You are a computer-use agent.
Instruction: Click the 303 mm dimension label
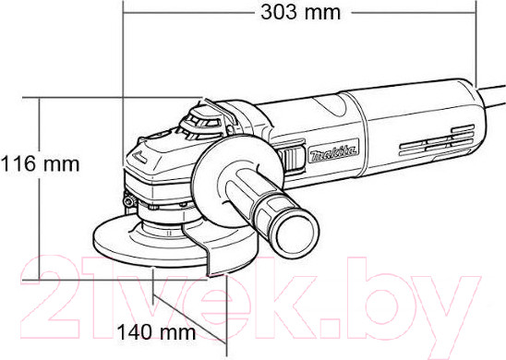300,13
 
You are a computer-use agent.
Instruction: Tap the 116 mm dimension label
40,163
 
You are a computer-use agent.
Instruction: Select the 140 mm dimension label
156,332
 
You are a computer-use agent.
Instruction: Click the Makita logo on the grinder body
333,151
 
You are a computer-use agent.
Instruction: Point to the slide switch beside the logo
293,158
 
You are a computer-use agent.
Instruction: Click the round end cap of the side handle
296,234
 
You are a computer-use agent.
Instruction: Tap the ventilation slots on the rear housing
437,140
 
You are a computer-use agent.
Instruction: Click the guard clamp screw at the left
129,201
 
